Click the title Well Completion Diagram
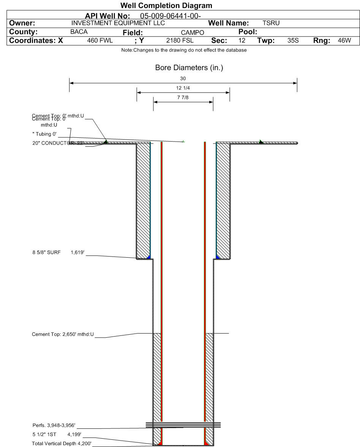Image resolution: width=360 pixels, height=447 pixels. pyautogui.click(x=166, y=5)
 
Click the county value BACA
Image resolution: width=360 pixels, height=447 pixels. pyautogui.click(x=79, y=32)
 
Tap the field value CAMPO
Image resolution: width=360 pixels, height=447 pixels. pyautogui.click(x=193, y=33)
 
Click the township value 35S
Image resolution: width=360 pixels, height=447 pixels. pyautogui.click(x=293, y=40)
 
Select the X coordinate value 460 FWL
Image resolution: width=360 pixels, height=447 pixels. pyautogui.click(x=100, y=40)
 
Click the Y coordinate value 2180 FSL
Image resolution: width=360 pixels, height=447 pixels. pyautogui.click(x=180, y=40)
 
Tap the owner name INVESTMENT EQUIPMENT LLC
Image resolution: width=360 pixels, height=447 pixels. pyautogui.click(x=118, y=23)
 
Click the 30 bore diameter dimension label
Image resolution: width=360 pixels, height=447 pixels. pyautogui.click(x=183, y=79)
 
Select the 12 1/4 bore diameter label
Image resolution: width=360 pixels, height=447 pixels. pyautogui.click(x=183, y=88)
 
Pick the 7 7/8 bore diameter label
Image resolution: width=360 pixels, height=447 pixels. pyautogui.click(x=183, y=98)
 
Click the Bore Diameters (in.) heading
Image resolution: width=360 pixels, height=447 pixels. pyautogui.click(x=189, y=68)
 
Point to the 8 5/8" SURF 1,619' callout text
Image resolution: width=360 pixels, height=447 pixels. pyautogui.click(x=57, y=252)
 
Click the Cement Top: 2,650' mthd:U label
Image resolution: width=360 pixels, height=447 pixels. pyautogui.click(x=63, y=334)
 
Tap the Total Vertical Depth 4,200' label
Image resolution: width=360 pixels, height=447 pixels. pyautogui.click(x=62, y=443)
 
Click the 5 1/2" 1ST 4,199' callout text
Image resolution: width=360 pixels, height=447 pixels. pyautogui.click(x=57, y=434)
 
